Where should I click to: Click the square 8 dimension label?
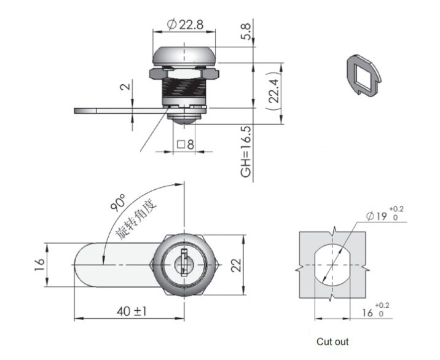coord(185,146)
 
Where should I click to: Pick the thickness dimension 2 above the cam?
coord(125,87)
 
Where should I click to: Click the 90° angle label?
coord(117,203)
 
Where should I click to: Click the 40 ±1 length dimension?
coord(131,311)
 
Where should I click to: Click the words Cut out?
coord(332,342)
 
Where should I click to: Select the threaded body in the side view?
coord(184,89)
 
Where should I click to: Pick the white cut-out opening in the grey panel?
coord(332,265)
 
